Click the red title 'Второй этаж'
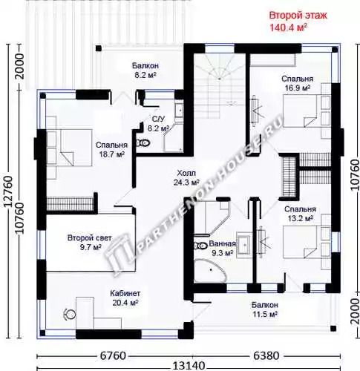pos(298,16)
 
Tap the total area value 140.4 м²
pos(289,27)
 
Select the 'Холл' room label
pos(186,173)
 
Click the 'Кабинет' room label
pos(125,294)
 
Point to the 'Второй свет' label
pos(90,238)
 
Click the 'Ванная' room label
pos(222,244)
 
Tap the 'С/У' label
pos(158,119)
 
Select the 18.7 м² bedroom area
pos(112,154)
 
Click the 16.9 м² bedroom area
pos(298,88)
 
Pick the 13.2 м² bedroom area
pos(301,219)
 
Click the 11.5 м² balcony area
pos(265,315)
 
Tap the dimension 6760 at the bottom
pos(113,356)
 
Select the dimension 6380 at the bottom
pos(266,356)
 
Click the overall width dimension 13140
pos(189,366)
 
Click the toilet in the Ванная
pos(201,246)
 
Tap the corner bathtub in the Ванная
pos(210,271)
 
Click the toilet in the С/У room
pos(143,143)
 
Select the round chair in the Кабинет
pos(70,315)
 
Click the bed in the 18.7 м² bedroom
pos(69,148)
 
